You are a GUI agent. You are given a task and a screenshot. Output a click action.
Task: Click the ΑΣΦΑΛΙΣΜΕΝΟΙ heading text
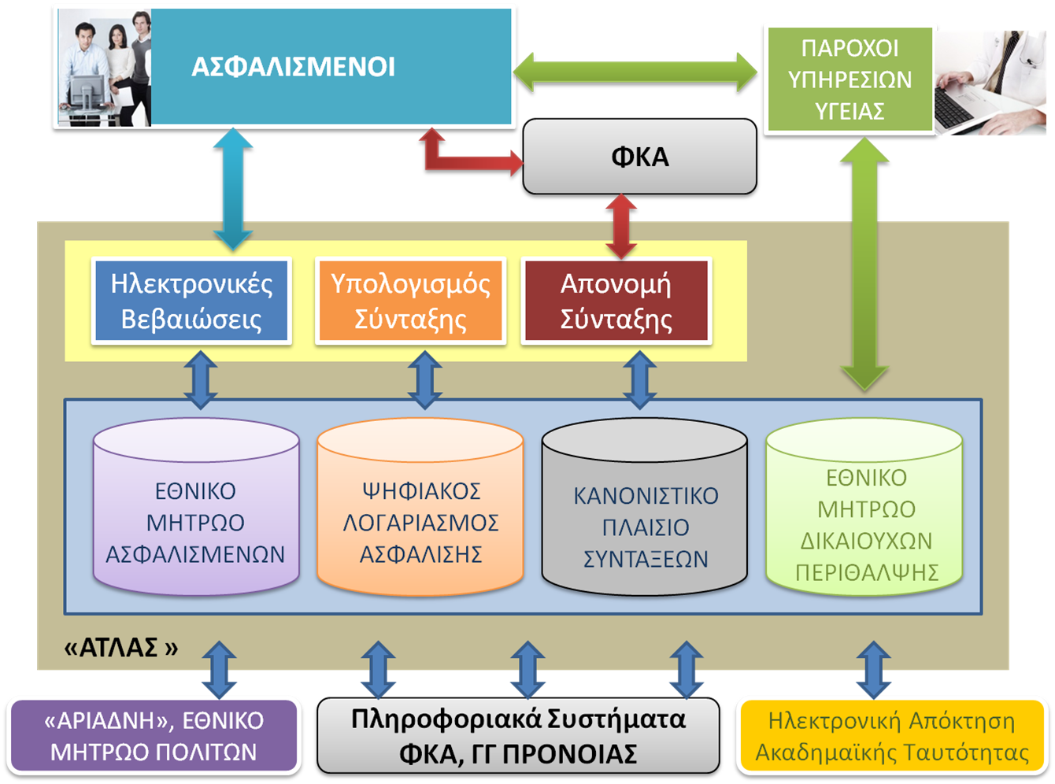[293, 67]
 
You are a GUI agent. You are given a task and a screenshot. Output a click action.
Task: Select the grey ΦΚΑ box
[639, 157]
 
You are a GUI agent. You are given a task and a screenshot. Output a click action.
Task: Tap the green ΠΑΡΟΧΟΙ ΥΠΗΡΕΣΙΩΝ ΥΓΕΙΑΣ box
[850, 80]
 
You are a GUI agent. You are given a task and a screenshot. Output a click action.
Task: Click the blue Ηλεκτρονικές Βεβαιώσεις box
[191, 301]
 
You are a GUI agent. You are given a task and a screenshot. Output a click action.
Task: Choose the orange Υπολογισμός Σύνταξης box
[410, 301]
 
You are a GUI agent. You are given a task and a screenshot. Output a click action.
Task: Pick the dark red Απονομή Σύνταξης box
[616, 301]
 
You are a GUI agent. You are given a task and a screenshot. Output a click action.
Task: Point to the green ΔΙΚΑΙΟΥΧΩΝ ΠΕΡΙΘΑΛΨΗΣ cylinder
[865, 523]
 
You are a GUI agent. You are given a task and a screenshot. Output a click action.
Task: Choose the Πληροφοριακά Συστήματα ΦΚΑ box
[518, 737]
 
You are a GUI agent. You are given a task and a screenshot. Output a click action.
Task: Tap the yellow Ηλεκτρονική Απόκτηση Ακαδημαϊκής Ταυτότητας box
[891, 737]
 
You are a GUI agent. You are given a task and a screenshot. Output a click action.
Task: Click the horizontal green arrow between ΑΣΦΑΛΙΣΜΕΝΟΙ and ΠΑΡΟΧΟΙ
[636, 74]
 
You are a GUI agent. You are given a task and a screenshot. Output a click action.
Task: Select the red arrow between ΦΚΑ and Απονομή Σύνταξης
[620, 227]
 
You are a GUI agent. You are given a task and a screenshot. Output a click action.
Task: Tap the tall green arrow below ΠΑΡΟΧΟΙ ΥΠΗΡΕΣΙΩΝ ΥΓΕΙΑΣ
[864, 264]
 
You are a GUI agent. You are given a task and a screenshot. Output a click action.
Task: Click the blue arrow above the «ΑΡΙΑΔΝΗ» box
[220, 669]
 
